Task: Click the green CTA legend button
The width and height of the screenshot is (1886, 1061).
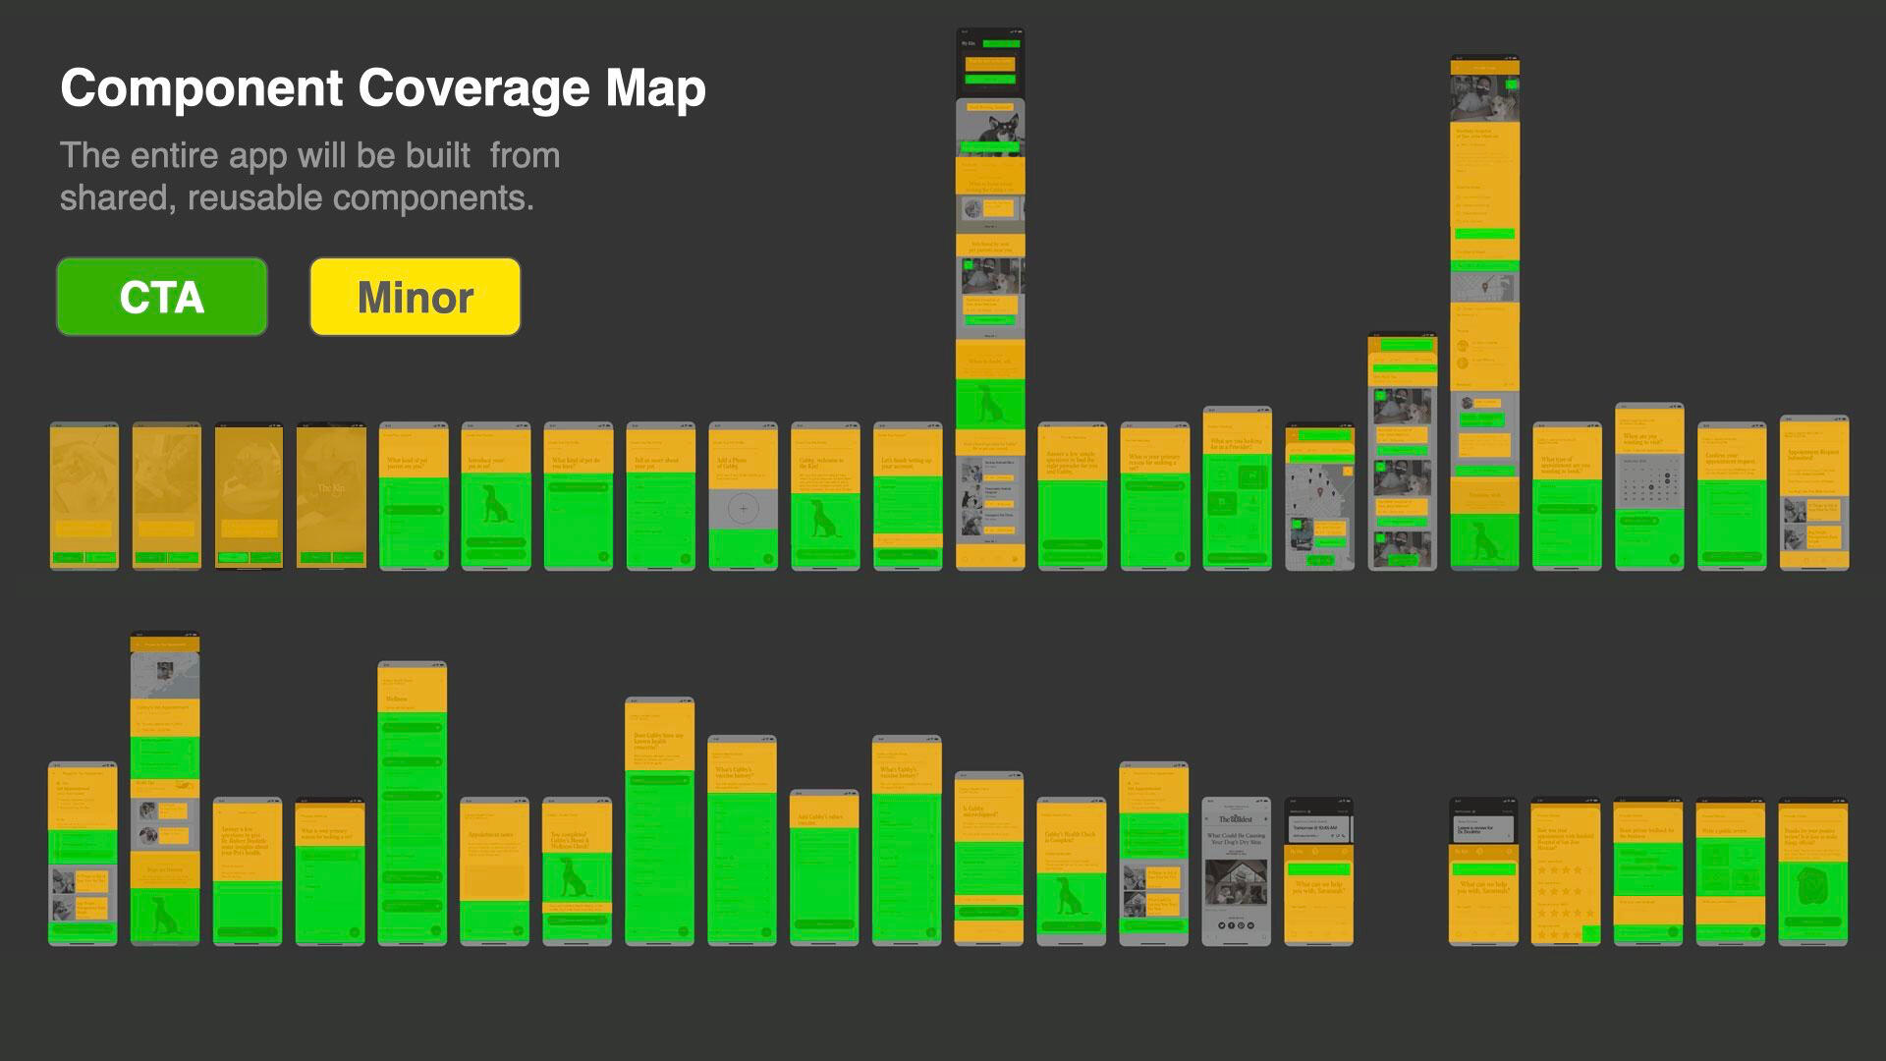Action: tap(162, 297)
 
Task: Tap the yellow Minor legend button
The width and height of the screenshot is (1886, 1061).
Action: tap(416, 297)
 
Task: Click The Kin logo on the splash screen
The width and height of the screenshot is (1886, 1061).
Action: tap(331, 488)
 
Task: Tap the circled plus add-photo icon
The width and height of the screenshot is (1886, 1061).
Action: tap(744, 508)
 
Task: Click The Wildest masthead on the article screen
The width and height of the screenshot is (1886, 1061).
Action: tap(1236, 818)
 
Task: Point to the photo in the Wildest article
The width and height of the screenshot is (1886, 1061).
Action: tap(1236, 882)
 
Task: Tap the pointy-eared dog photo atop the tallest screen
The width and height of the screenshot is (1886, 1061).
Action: tap(990, 128)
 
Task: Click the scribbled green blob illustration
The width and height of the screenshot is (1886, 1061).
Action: tap(1813, 886)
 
